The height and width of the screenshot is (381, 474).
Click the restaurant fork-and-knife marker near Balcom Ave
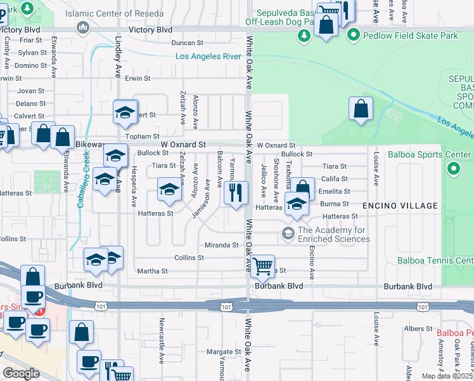coord(236,193)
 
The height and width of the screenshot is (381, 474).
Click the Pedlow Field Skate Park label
coord(410,36)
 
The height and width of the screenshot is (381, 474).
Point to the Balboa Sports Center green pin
coord(453,169)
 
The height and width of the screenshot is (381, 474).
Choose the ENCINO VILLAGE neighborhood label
coord(400,206)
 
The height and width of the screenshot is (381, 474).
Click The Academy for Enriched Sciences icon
coord(288,234)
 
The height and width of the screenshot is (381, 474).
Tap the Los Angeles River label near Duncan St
coord(208,57)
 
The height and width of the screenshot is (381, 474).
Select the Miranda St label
coord(221,244)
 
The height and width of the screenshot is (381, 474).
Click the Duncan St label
coord(187,43)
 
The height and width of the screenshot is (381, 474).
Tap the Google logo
coord(21,373)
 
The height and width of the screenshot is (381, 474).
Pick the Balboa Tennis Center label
coord(435,260)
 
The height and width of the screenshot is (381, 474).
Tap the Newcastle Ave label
coord(162,337)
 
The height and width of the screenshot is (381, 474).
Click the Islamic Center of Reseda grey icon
coord(83,28)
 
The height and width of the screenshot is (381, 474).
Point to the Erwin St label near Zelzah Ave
coord(137,79)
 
